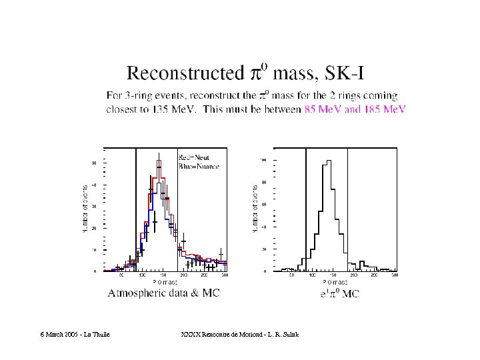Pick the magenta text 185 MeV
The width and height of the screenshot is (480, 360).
pyautogui.click(x=385, y=109)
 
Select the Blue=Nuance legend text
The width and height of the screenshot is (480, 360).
pyautogui.click(x=199, y=165)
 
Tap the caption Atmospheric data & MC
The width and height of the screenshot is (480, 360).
pyautogui.click(x=163, y=293)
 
